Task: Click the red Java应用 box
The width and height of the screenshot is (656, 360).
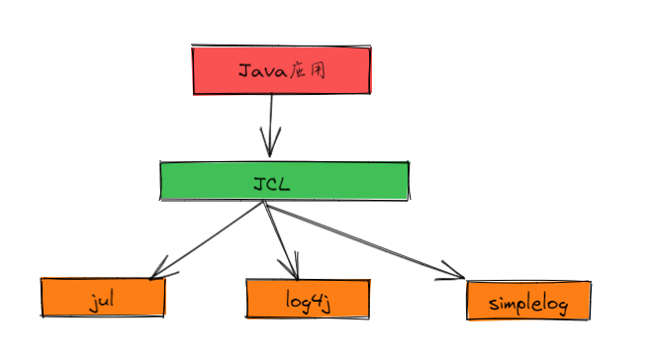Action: pos(281,70)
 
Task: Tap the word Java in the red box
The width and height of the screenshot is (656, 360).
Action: pos(259,71)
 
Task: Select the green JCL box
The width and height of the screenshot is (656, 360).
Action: pos(284,181)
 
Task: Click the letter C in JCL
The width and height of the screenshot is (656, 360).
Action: pos(284,182)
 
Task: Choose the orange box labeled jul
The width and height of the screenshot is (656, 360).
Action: pos(102,297)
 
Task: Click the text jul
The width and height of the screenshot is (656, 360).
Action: pos(102,297)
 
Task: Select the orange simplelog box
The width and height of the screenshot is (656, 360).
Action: pos(529,301)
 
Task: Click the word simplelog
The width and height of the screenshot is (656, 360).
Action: pos(529,301)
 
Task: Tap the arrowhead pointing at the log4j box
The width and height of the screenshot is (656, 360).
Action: pos(292,271)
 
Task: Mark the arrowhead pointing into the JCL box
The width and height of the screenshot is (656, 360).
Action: pos(268,148)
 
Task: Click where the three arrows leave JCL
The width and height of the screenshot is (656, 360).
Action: pos(264,204)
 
